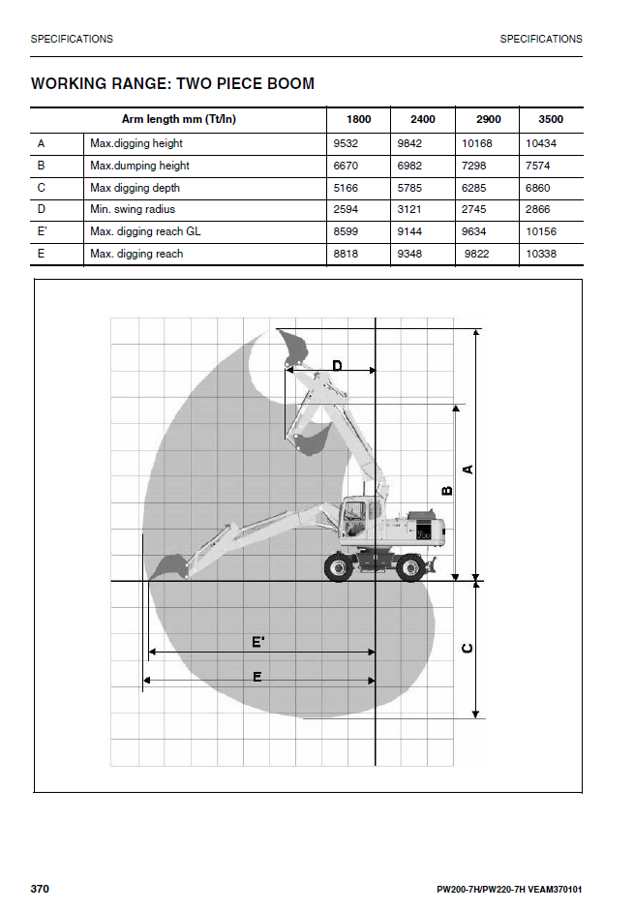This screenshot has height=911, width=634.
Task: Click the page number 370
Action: tap(40, 889)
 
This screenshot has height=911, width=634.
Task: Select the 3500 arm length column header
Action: tap(551, 120)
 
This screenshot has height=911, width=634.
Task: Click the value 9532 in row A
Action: tap(346, 143)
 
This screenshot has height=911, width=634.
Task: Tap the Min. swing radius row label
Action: tap(133, 210)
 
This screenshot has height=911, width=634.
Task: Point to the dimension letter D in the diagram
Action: tap(337, 365)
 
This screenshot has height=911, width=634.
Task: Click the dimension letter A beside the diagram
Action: tap(468, 470)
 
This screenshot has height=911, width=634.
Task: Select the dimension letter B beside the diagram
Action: tap(447, 490)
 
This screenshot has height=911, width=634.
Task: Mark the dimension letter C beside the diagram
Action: tap(468, 648)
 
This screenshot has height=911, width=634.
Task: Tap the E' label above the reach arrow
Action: tap(258, 641)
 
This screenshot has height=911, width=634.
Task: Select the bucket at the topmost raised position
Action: tap(292, 346)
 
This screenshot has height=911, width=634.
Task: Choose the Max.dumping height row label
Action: tap(139, 166)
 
